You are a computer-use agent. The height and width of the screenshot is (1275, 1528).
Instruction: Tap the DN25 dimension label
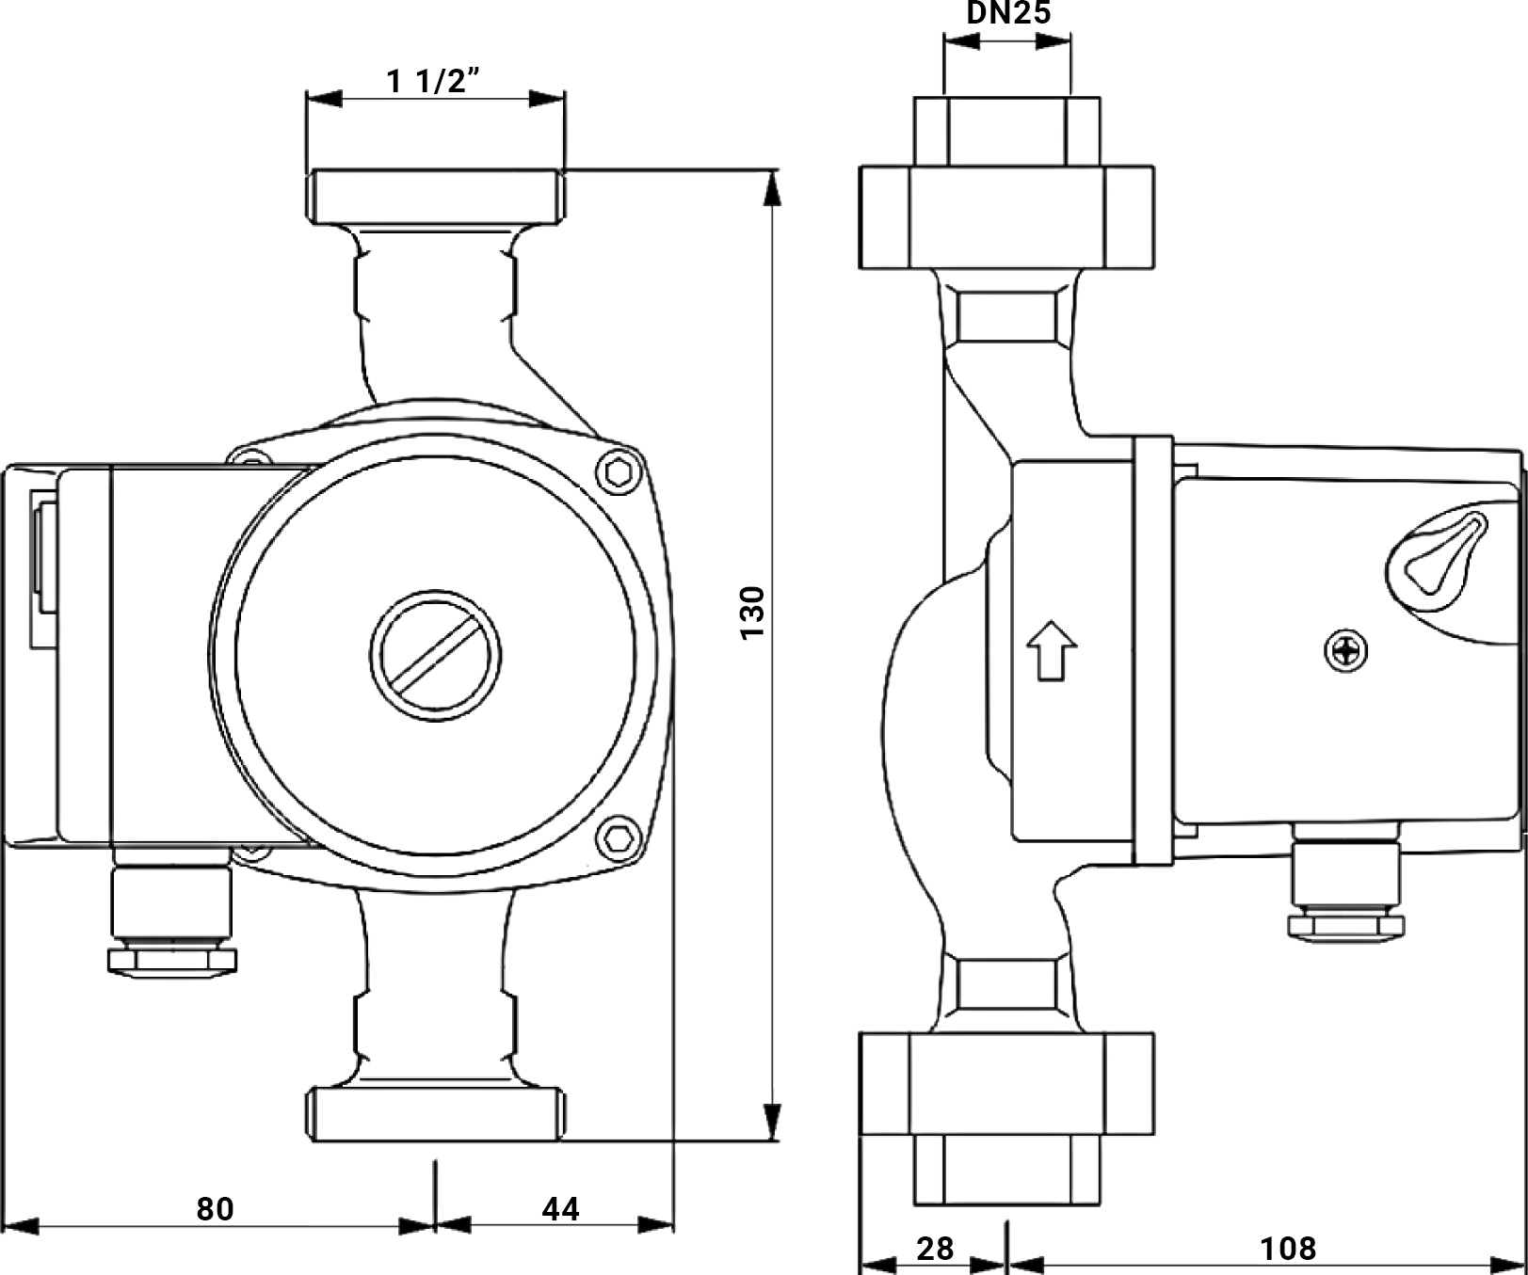(1008, 13)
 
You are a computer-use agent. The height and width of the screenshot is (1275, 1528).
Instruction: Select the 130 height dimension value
(753, 613)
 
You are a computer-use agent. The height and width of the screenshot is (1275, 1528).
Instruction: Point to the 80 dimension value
(215, 1208)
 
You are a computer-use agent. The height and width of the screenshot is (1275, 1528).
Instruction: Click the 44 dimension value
(561, 1208)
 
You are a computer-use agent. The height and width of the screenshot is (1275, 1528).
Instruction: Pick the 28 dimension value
(935, 1249)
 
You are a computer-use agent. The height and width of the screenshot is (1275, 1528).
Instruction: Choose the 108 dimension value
(1288, 1249)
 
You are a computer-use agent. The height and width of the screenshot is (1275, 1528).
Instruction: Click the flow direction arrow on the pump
(1051, 649)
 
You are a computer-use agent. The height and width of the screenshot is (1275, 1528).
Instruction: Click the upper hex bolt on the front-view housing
(618, 472)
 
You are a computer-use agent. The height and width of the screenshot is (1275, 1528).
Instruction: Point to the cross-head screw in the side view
(1346, 650)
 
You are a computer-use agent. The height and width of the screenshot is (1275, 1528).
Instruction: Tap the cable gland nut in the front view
(172, 960)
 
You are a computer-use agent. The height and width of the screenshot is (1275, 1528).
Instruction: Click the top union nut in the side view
(1006, 217)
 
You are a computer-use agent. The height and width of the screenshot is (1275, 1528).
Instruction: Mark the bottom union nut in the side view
(1006, 1083)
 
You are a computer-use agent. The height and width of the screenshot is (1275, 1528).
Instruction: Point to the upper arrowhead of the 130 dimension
(772, 188)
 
